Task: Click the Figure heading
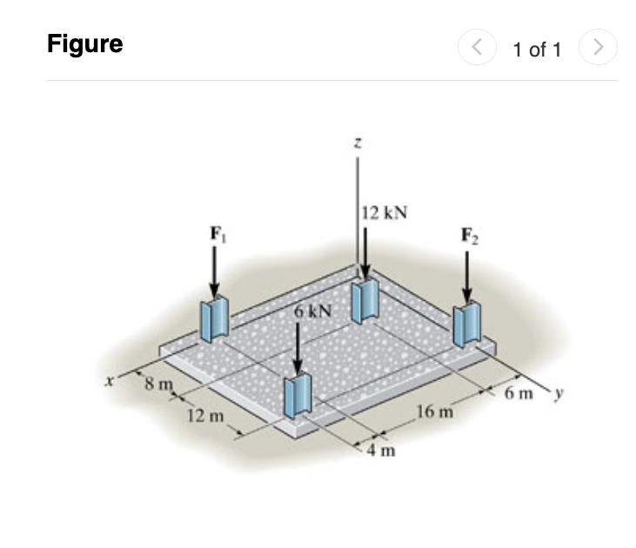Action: point(84,44)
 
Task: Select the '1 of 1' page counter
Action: point(537,50)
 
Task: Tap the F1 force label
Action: point(215,233)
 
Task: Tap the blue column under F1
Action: point(214,319)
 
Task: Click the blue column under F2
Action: point(467,325)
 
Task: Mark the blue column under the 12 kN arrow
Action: point(365,301)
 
